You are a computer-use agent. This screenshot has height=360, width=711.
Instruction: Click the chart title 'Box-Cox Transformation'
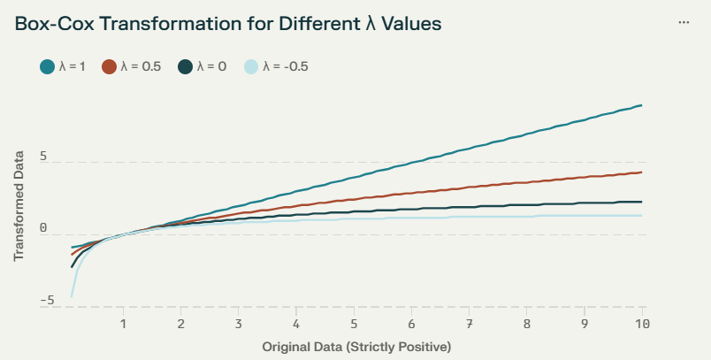click(228, 24)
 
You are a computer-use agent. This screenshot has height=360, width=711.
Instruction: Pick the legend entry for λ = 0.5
click(131, 66)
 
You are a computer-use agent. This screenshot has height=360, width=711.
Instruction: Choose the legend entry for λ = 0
click(203, 66)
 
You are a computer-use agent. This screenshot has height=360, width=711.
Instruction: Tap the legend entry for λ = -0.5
click(275, 66)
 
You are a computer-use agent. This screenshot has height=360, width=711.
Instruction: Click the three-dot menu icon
click(684, 22)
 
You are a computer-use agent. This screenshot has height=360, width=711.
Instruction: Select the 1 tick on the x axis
click(123, 324)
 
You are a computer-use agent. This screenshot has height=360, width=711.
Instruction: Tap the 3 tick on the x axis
click(239, 324)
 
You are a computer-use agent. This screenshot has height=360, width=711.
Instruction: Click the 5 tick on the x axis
click(354, 324)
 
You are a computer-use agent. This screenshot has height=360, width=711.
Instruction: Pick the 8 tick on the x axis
click(527, 324)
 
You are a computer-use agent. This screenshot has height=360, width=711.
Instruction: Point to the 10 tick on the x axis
click(642, 324)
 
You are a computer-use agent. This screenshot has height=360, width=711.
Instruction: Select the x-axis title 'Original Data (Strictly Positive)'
click(356, 347)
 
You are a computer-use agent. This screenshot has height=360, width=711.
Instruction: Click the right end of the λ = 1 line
click(642, 105)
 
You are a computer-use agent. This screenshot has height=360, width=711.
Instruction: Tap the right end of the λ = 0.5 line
click(642, 172)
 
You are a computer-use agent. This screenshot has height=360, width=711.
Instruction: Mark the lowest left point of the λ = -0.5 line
click(72, 296)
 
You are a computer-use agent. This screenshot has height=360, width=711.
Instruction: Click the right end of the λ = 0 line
click(642, 202)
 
